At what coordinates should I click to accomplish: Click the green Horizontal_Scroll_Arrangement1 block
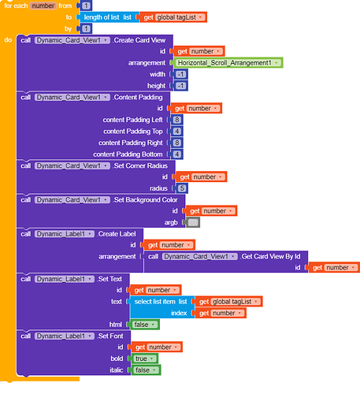[x=228, y=63]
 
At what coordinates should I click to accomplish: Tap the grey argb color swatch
[x=193, y=222]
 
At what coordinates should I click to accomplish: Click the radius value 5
[x=182, y=188]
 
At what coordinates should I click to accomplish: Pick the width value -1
[x=180, y=74]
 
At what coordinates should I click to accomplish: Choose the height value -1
[x=180, y=86]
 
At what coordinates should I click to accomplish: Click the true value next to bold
[x=144, y=359]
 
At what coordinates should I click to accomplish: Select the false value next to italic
[x=146, y=370]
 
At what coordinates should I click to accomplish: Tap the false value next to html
[x=144, y=325]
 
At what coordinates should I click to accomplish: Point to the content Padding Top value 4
[x=176, y=132]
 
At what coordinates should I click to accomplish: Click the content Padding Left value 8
[x=176, y=120]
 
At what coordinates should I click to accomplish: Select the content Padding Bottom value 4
[x=176, y=154]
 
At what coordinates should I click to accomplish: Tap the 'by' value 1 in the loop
[x=86, y=28]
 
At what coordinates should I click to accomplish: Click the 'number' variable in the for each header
[x=43, y=6]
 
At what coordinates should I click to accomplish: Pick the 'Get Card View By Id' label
[x=271, y=256]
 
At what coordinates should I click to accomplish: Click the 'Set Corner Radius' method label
[x=141, y=165]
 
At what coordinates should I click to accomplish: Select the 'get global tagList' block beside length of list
[x=174, y=17]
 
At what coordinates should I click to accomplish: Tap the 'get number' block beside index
[x=220, y=313]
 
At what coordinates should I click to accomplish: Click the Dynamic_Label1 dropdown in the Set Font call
[x=65, y=336]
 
